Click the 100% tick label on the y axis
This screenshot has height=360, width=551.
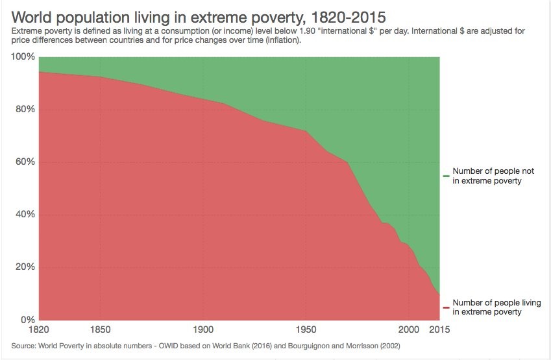pos(23,56)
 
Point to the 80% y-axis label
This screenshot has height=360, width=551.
pos(25,109)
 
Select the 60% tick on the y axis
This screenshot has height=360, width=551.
pos(25,162)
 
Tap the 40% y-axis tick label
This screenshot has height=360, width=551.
pos(25,214)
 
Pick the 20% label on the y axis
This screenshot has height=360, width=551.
pos(25,267)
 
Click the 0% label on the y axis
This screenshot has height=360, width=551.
pos(28,320)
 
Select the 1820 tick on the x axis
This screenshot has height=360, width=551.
pos(39,330)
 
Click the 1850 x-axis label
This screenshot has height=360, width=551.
pos(100,330)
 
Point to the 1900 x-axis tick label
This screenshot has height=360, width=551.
pos(203,330)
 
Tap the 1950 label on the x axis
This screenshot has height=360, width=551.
pos(306,330)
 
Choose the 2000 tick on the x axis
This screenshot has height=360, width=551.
pos(409,330)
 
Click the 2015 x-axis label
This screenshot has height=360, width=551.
pos(439,330)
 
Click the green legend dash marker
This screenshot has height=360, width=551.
pos(447,176)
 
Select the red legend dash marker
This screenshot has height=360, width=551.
pos(447,307)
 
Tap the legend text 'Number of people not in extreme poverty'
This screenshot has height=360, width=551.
pos(493,176)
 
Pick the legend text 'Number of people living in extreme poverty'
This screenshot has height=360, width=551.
pos(496,307)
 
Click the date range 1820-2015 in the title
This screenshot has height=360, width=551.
pos(349,18)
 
